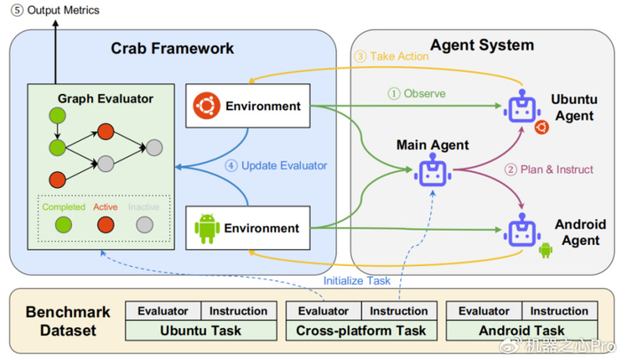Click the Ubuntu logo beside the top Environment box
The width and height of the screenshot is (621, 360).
(x=207, y=106)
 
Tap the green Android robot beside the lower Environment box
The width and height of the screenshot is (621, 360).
(x=207, y=228)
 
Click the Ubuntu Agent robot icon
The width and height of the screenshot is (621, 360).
(x=522, y=109)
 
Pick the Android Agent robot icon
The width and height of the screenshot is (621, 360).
(x=522, y=231)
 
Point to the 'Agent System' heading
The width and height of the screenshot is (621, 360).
(x=481, y=45)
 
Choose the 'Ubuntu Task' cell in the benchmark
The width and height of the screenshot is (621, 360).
(x=200, y=331)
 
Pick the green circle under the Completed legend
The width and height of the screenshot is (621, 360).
(x=63, y=224)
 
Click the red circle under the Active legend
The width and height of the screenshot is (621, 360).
(x=105, y=224)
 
